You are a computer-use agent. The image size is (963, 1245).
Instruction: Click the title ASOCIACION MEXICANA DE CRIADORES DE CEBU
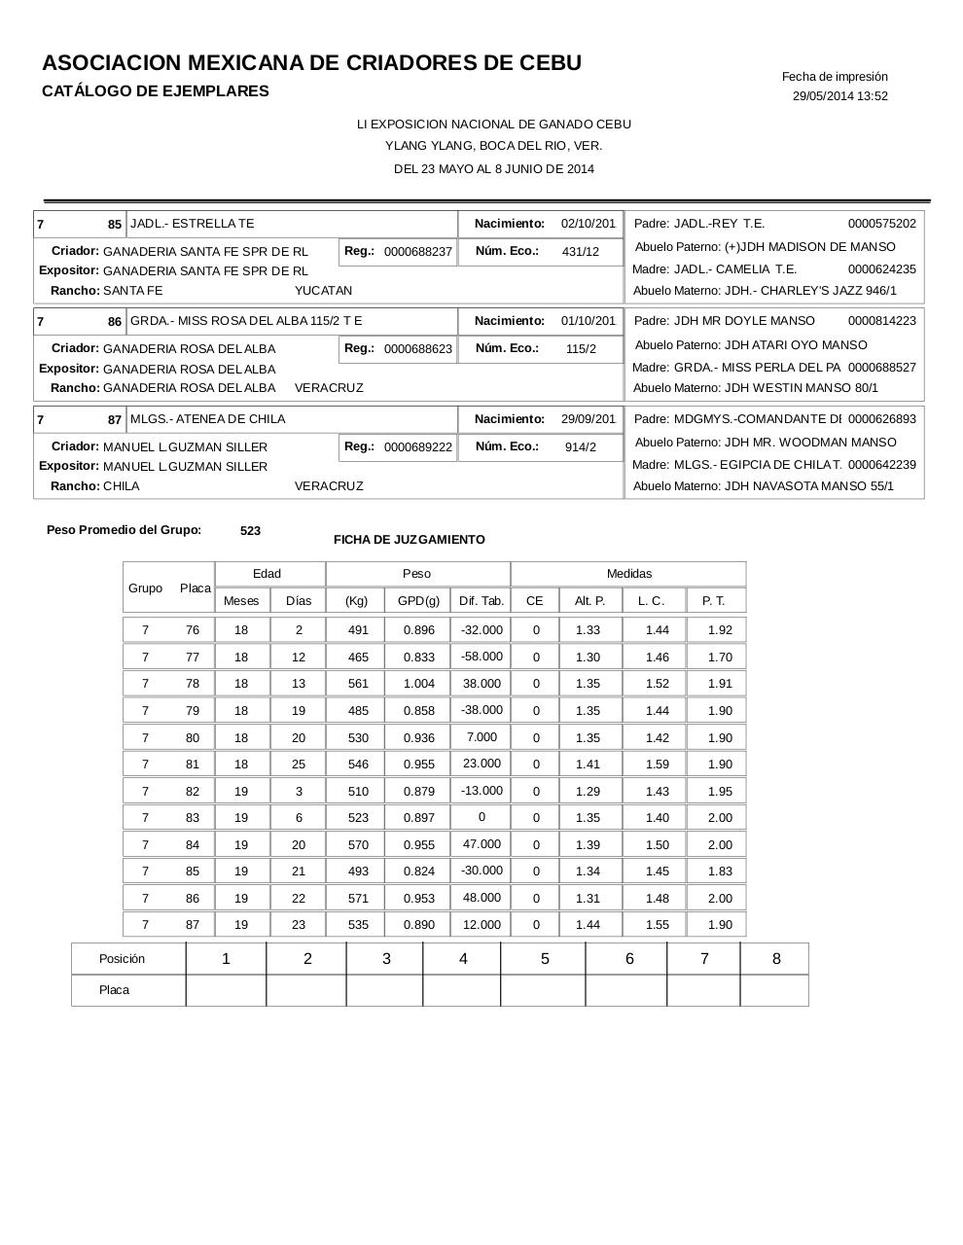(x=311, y=63)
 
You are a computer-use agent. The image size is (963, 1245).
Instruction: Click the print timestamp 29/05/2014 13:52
(x=839, y=96)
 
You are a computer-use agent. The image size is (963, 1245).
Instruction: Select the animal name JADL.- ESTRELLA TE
(x=192, y=224)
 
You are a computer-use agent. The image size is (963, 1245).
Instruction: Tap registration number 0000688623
(x=417, y=349)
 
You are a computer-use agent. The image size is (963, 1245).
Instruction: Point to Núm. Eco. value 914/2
(x=580, y=447)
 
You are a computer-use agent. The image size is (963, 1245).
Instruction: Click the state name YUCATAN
(x=323, y=291)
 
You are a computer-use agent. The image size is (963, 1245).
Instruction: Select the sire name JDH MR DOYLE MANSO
(x=744, y=321)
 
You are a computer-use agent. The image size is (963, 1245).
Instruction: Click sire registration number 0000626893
(x=881, y=419)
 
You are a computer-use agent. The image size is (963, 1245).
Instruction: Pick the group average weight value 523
(x=250, y=531)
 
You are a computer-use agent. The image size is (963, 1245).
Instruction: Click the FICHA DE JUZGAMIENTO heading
(x=409, y=540)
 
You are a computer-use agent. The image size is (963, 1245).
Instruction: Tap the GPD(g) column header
(x=418, y=601)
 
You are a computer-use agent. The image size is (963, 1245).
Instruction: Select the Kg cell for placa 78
(x=358, y=684)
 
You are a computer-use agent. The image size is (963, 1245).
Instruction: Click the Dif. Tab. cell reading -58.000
(x=481, y=657)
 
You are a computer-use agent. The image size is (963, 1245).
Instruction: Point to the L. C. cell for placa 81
(x=658, y=765)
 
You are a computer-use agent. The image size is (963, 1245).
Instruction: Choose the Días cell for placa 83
(x=299, y=818)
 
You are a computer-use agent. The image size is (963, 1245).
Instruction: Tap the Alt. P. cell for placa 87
(x=588, y=925)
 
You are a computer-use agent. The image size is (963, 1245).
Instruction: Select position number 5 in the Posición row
(x=545, y=959)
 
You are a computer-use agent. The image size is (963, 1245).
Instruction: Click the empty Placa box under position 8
(x=775, y=990)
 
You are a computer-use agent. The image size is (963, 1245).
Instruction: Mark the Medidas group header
(x=628, y=574)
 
